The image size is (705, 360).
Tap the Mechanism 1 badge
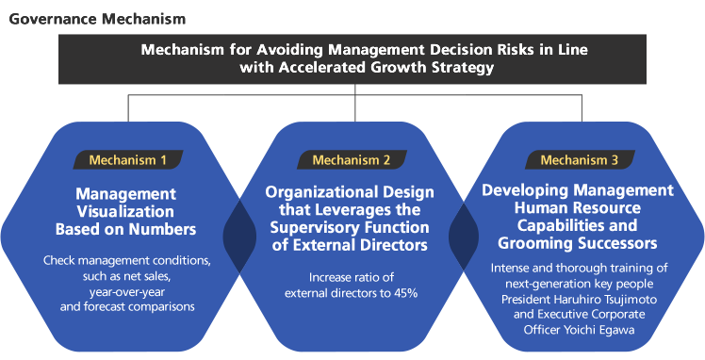tap(128, 159)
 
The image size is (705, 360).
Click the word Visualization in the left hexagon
tap(126, 211)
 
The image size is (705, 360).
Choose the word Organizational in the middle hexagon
tap(309, 191)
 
